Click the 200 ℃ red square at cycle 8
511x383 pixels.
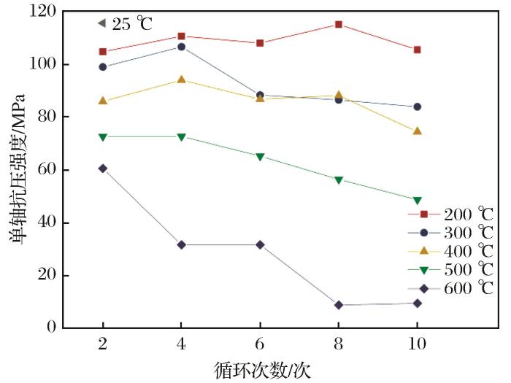click(339, 24)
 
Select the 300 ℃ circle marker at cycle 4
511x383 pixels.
click(181, 47)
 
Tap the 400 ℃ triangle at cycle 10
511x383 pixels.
click(418, 131)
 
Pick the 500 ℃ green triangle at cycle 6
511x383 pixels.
click(260, 156)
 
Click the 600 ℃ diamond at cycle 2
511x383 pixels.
click(102, 169)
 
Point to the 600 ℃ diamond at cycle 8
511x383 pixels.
click(339, 305)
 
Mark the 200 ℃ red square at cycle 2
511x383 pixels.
click(102, 52)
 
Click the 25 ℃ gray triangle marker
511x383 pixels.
click(101, 23)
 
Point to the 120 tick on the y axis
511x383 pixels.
click(44, 12)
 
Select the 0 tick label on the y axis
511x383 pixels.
click(52, 328)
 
